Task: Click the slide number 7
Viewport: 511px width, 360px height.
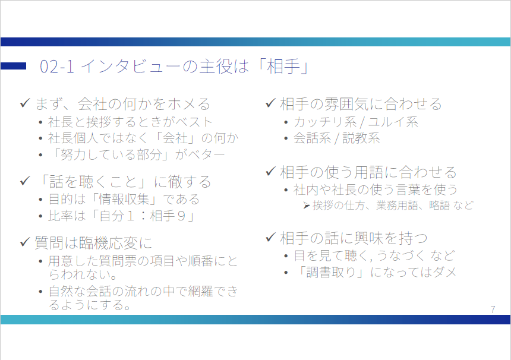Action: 493,309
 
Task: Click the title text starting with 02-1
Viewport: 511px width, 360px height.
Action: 174,67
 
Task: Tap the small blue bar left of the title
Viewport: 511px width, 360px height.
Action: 13,66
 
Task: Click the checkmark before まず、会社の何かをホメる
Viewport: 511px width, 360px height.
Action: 25,103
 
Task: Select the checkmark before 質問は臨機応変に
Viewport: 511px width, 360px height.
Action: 25,242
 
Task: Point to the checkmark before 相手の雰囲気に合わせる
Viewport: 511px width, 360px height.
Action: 271,103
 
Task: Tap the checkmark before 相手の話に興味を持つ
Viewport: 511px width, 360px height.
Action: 271,237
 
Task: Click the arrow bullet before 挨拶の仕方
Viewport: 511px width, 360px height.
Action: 307,206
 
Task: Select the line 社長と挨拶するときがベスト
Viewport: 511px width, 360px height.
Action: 130,122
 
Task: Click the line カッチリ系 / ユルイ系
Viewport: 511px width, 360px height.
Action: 356,122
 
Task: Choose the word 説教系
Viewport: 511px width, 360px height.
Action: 361,138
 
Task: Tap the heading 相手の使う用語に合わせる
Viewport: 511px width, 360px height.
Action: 368,172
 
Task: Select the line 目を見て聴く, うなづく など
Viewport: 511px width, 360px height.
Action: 374,256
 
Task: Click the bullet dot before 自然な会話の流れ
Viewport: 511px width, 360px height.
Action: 40,291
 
